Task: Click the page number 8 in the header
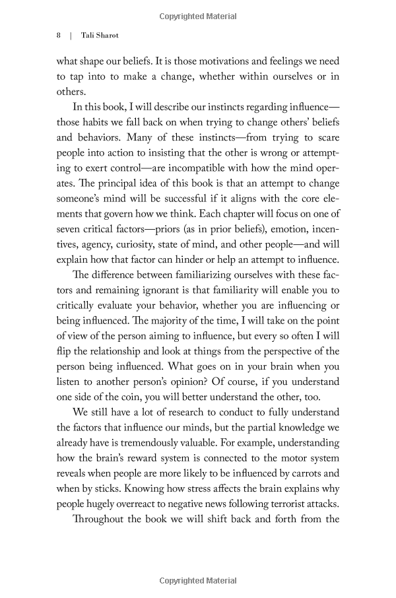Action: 58,36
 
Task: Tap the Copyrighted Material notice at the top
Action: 198,16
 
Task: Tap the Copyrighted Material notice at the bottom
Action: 198,581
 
